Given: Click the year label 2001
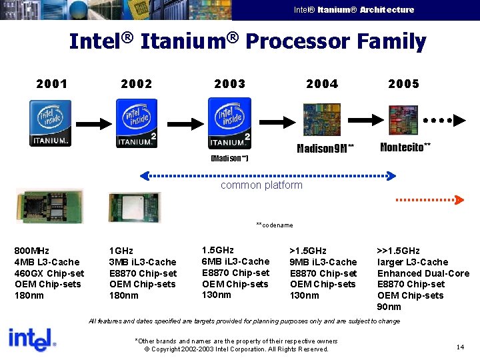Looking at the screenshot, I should tap(51, 84).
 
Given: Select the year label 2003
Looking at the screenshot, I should tap(229, 84).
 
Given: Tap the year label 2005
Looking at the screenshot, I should tap(403, 84).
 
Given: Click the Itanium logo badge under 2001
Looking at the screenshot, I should tap(50, 123).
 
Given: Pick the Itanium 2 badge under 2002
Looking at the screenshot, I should tap(137, 123).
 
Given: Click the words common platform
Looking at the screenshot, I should tap(261, 185).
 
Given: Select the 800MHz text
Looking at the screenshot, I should tap(31, 251).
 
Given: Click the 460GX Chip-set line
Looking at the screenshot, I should tap(49, 273).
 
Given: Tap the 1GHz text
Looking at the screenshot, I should tap(122, 251).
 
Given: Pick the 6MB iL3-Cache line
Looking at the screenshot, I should tap(235, 261).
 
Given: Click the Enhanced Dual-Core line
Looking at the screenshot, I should tap(423, 273).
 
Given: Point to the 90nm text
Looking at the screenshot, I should tap(389, 307).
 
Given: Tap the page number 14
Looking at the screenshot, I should tap(460, 347).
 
